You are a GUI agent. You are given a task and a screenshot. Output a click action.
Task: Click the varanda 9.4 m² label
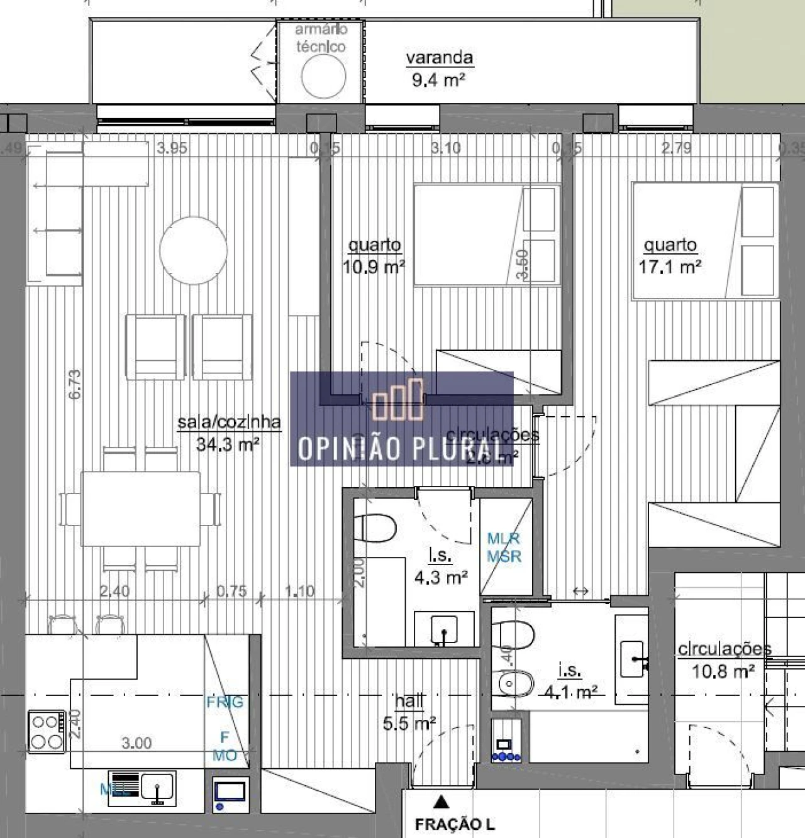439,68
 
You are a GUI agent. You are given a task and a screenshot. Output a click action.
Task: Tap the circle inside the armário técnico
323,76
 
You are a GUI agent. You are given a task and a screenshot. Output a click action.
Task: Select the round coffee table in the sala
193,251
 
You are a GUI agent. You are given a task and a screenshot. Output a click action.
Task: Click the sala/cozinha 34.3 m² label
229,433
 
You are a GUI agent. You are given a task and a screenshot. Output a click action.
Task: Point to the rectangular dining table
141,509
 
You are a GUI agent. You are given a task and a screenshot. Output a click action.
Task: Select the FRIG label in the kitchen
225,702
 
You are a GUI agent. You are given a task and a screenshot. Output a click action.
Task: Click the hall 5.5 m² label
409,712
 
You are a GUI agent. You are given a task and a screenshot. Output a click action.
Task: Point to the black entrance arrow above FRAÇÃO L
441,802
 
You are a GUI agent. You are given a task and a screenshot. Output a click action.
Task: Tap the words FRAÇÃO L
455,824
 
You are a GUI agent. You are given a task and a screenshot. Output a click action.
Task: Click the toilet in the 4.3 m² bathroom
375,527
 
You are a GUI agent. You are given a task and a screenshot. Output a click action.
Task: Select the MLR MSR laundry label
504,548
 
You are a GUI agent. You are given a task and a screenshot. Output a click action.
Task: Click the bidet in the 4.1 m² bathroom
514,682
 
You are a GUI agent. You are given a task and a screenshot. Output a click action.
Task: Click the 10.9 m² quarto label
374,256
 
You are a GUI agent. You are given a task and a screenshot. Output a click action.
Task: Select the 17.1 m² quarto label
670,256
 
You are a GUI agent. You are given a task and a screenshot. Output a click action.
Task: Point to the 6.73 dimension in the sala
74,384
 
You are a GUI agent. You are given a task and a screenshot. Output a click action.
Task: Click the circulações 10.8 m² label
724,660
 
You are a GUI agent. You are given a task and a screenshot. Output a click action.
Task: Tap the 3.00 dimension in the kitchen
136,743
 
